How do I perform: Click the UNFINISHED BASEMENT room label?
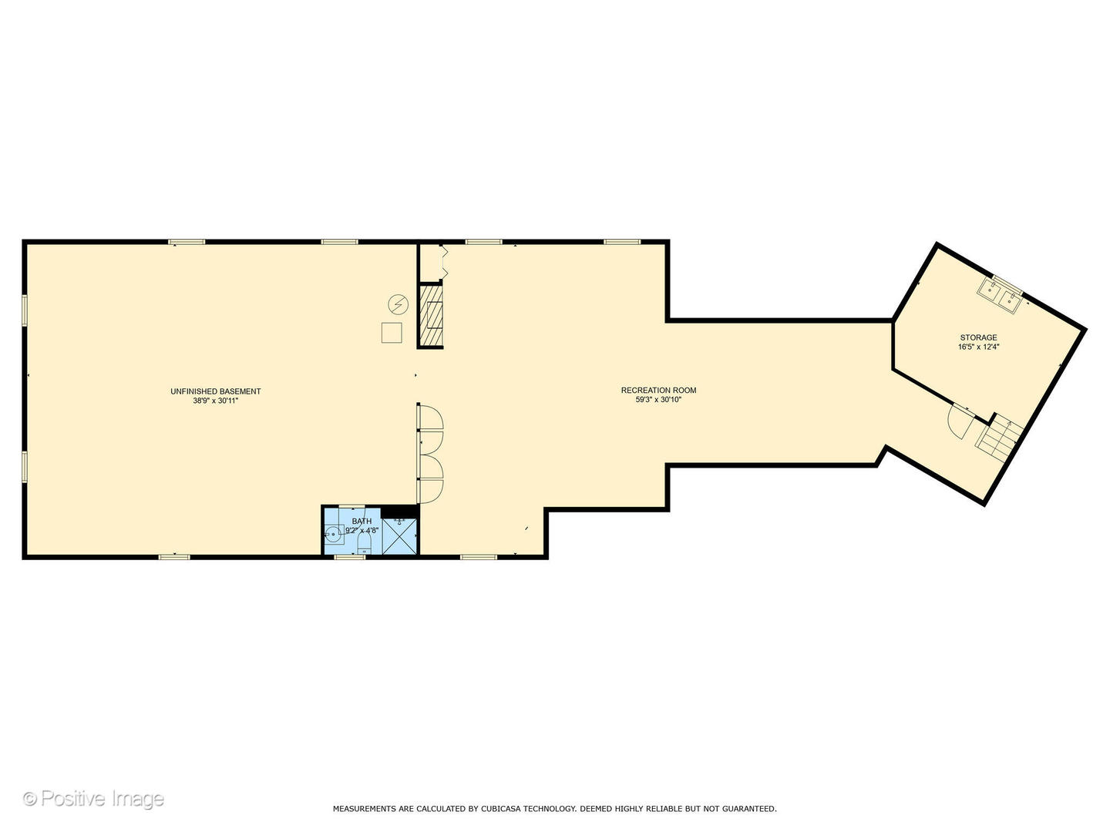pos(215,391)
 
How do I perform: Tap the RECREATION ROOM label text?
pos(658,390)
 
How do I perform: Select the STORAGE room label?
pos(978,337)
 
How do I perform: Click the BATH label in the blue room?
pos(362,522)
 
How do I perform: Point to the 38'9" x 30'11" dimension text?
pos(215,401)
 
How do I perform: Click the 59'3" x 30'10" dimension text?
pos(658,400)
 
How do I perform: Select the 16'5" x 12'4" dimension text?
pos(978,347)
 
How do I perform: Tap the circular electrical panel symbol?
pos(398,305)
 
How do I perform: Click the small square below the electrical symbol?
pos(392,333)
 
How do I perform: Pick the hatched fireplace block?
pos(431,316)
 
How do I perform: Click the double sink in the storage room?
pos(1000,297)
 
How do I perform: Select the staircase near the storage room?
pos(1001,439)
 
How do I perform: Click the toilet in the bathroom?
pos(364,548)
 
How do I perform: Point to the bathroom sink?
pos(334,534)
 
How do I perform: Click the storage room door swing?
pos(960,421)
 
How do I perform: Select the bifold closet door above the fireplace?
pos(442,263)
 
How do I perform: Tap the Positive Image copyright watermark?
pos(93,799)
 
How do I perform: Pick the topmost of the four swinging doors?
pos(430,417)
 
